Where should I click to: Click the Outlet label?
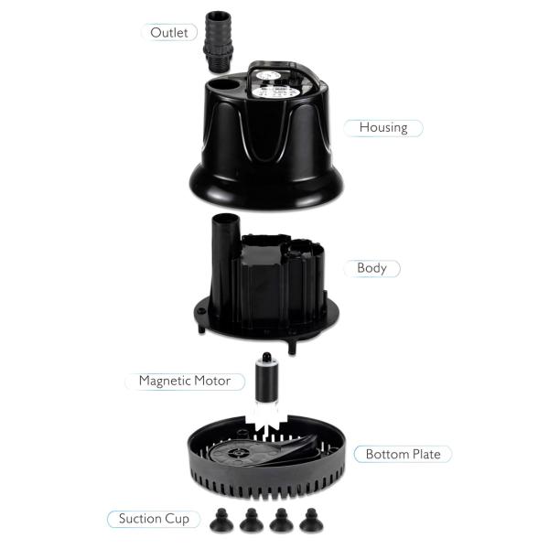click(x=169, y=32)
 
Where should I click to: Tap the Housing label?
click(x=383, y=127)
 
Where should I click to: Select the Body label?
click(x=371, y=269)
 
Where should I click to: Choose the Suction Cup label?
click(x=154, y=519)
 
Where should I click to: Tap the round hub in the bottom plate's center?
click(x=240, y=452)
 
